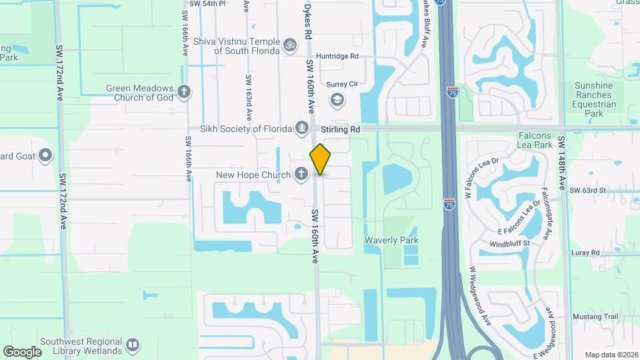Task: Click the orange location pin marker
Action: coord(321,159)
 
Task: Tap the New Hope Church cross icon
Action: coord(301,175)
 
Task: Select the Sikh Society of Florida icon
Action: coord(301,128)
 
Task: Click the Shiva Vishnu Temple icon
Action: coord(289,45)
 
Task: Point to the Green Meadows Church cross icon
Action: coord(184,91)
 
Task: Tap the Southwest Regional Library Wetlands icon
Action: coord(132,345)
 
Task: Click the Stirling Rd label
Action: coord(340,129)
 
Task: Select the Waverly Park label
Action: coord(391,240)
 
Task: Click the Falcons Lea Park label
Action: coord(535,140)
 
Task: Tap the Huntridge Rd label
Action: coord(337,57)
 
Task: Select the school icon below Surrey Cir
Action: coord(337,100)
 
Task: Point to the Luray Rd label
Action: coord(585,253)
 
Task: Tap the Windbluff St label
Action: coord(509,243)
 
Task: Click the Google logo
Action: coord(22,351)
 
